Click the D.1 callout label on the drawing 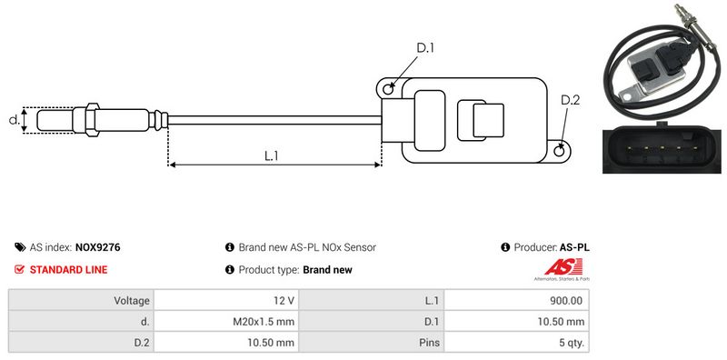[x=425, y=48]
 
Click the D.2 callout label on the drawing [x=571, y=100]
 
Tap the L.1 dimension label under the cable [x=271, y=155]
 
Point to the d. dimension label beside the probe [x=15, y=120]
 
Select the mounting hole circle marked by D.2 [x=560, y=150]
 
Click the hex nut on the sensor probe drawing [x=92, y=119]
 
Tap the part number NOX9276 [x=98, y=247]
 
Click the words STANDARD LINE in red [x=69, y=269]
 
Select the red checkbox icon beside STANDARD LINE [x=19, y=269]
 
